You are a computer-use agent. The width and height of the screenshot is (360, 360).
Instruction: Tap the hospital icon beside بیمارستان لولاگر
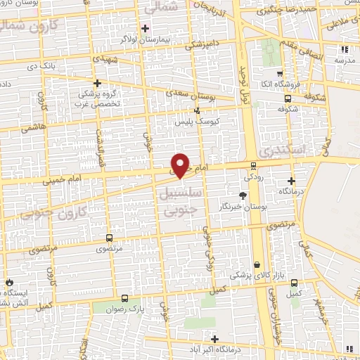[x=146, y=29]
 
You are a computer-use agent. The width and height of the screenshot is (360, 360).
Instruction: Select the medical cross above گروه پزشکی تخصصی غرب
[x=96, y=82]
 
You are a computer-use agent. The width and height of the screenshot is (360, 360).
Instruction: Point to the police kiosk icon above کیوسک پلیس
[x=196, y=110]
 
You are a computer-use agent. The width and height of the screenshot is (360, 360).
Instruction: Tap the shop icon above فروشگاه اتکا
[x=280, y=74]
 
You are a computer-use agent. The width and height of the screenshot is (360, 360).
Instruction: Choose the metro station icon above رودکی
[x=253, y=166]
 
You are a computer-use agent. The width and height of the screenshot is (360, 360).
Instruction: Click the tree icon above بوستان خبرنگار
[x=243, y=195]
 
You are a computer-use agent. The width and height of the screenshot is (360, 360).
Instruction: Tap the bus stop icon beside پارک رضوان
[x=124, y=298]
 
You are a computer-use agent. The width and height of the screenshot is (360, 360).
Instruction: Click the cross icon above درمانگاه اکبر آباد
[x=214, y=338]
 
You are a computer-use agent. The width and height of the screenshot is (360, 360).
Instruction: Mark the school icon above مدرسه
[x=344, y=49]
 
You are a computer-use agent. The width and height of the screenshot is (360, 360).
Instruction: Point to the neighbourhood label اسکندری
[x=281, y=150]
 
